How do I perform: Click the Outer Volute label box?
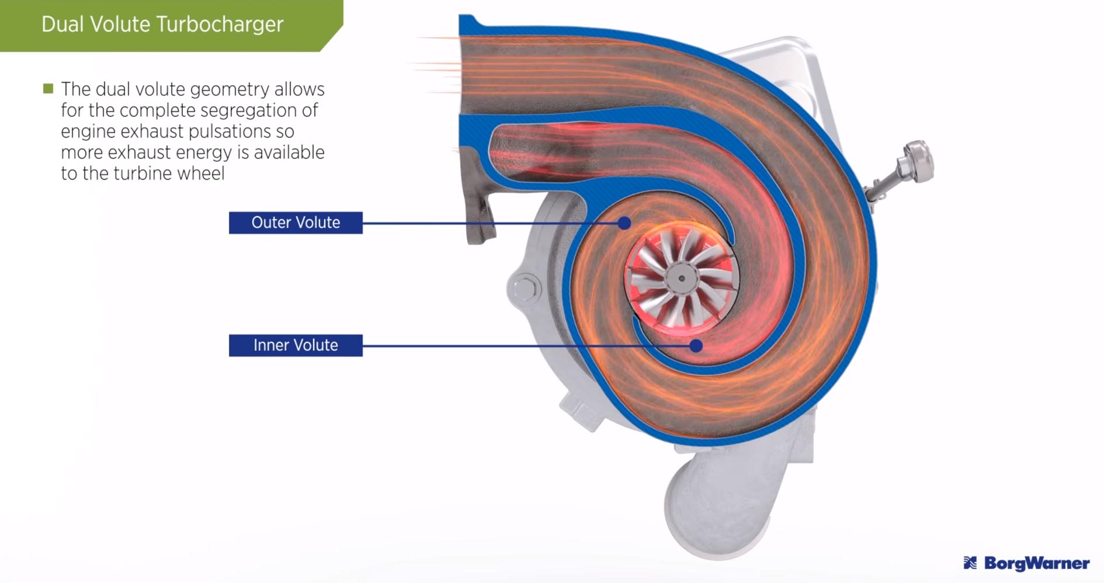pyautogui.click(x=296, y=223)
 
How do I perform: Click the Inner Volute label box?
pyautogui.click(x=296, y=345)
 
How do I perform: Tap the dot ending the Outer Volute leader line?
pyautogui.click(x=624, y=223)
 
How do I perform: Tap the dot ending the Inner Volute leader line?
pyautogui.click(x=696, y=345)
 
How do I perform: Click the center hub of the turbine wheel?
pyautogui.click(x=681, y=279)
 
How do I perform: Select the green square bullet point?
pyautogui.click(x=48, y=89)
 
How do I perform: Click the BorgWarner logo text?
pyautogui.click(x=1036, y=563)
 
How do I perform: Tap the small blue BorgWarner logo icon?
pyautogui.click(x=970, y=563)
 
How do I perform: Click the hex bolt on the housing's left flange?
pyautogui.click(x=524, y=289)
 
